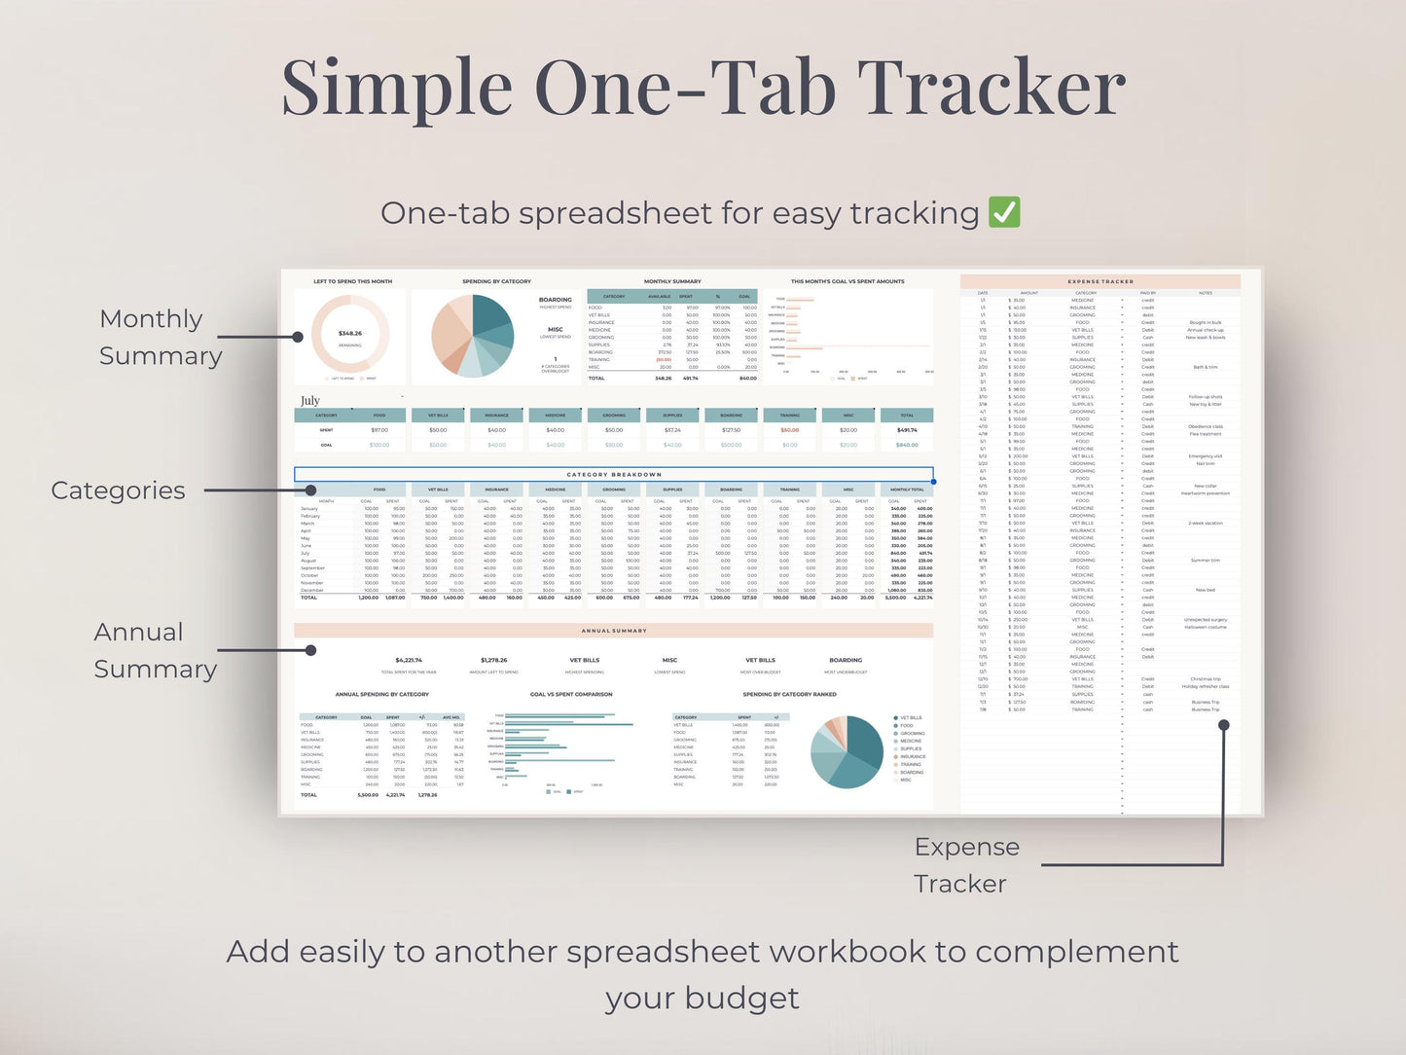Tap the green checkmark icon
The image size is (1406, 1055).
pos(1004,212)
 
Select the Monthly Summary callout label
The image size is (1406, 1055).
pos(160,337)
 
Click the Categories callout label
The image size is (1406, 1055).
pos(118,491)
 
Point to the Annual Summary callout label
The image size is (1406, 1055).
pos(155,650)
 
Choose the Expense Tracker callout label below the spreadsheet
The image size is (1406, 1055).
pos(965,865)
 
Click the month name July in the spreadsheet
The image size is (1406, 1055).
pos(310,400)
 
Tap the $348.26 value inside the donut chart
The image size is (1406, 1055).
pos(350,333)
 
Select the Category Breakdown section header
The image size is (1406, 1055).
pos(614,474)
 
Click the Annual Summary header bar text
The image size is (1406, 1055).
pos(614,631)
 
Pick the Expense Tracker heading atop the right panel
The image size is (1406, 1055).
pos(1100,281)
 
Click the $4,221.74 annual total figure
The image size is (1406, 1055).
pos(409,660)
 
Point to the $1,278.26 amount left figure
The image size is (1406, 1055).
pos(493,660)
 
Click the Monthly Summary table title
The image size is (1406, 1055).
pos(672,281)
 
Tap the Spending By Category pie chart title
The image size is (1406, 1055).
pos(496,281)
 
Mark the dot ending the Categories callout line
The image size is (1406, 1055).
pos(310,491)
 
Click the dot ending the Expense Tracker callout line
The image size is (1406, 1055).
pos(1224,725)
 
